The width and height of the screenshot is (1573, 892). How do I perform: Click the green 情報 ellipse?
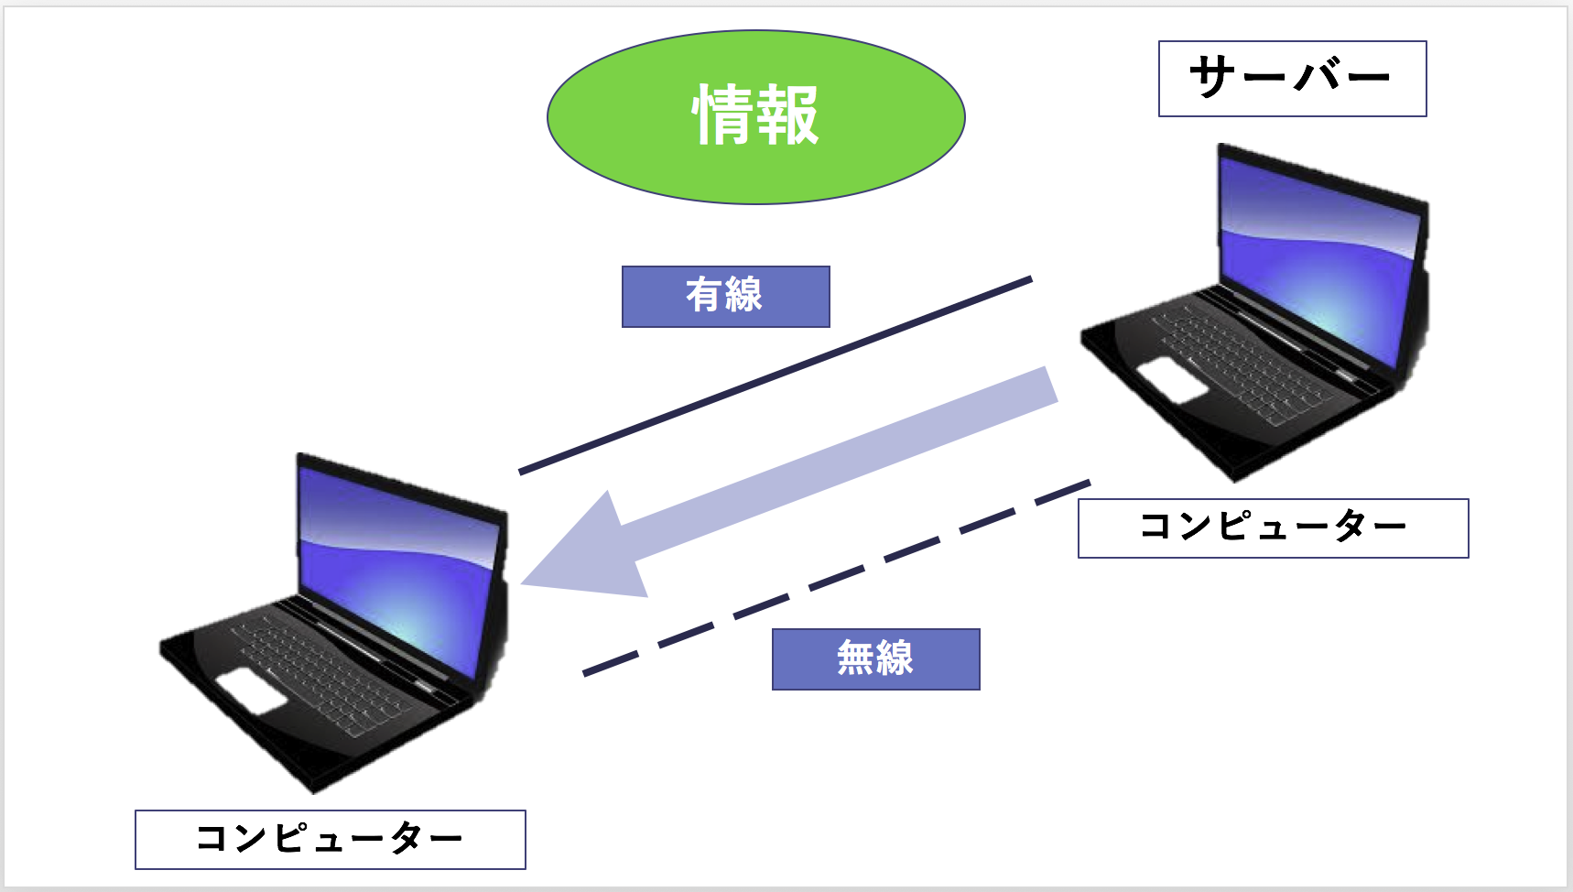tap(756, 117)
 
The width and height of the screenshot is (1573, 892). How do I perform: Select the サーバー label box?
tap(1293, 79)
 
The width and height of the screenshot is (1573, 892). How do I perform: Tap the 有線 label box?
tap(726, 297)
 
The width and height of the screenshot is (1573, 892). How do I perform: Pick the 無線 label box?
tap(876, 659)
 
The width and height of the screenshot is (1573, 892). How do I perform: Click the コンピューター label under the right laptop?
tap(1274, 528)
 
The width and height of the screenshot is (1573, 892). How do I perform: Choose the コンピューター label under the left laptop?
tap(331, 840)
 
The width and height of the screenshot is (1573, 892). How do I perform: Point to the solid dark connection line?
tap(776, 375)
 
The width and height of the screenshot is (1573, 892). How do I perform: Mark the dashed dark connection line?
tap(837, 578)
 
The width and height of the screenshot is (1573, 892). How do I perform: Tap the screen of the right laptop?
tap(1318, 256)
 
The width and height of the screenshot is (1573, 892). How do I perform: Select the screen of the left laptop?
tap(398, 568)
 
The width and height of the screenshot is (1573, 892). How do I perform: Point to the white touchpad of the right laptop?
tap(1173, 380)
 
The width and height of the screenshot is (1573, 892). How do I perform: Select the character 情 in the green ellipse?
tap(724, 115)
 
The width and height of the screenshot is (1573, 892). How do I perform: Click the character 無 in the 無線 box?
tap(856, 658)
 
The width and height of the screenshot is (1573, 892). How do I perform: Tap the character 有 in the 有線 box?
tap(705, 296)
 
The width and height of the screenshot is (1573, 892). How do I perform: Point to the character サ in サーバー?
tap(1214, 77)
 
